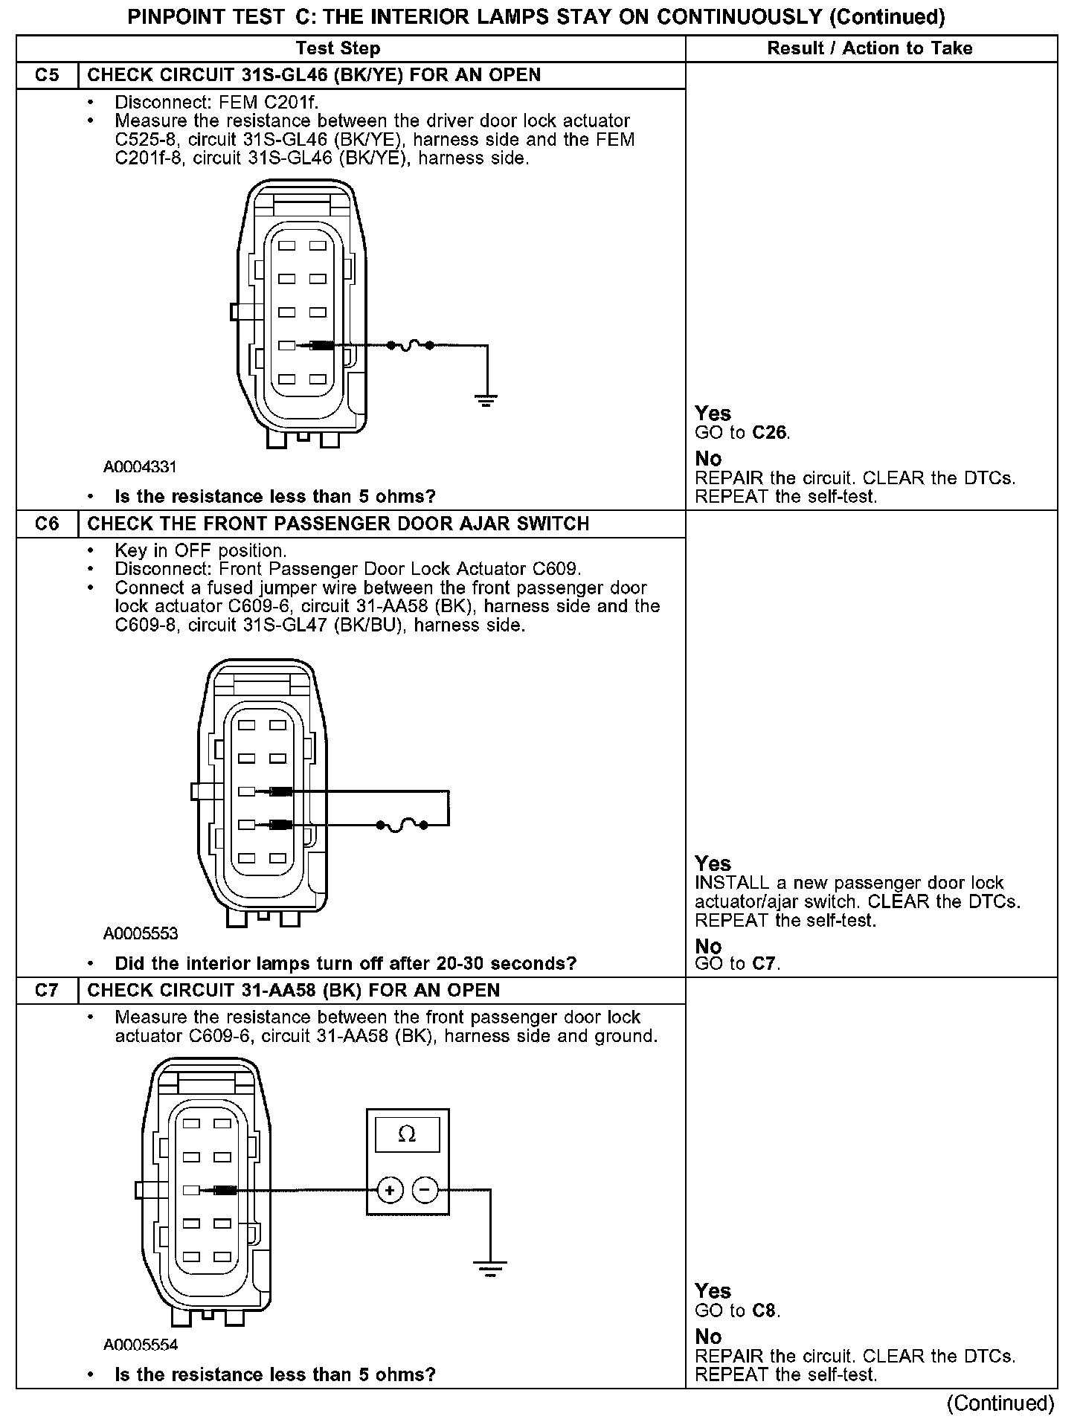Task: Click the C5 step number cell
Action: pyautogui.click(x=47, y=75)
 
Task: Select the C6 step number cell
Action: pyautogui.click(x=47, y=524)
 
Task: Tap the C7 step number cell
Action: pyautogui.click(x=47, y=991)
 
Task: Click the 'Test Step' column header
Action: pyautogui.click(x=338, y=48)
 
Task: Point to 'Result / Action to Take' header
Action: pyautogui.click(x=870, y=48)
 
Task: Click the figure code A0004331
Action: pyautogui.click(x=140, y=467)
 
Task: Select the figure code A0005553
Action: pyautogui.click(x=141, y=933)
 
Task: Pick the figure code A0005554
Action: pyautogui.click(x=141, y=1345)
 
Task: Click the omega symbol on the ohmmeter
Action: pyautogui.click(x=407, y=1134)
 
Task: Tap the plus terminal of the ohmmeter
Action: pyautogui.click(x=390, y=1191)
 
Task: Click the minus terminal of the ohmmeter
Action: pyautogui.click(x=424, y=1191)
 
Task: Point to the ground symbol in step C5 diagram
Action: pyautogui.click(x=486, y=402)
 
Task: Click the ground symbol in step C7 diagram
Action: pyautogui.click(x=489, y=1267)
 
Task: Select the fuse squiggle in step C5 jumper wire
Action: pyautogui.click(x=410, y=345)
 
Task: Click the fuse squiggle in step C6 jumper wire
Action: pyautogui.click(x=402, y=825)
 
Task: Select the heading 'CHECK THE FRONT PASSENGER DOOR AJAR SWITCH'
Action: pyautogui.click(x=338, y=524)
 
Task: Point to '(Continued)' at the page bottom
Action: pyautogui.click(x=1000, y=1403)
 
